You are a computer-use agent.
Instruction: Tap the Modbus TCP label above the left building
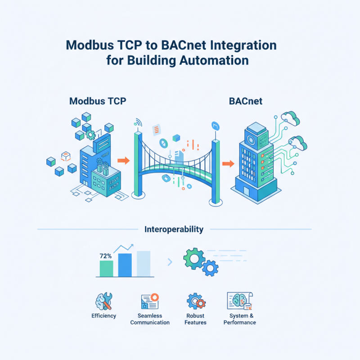(x=98, y=101)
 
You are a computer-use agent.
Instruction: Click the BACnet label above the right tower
(x=246, y=101)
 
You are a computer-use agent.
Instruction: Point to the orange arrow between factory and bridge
(x=122, y=160)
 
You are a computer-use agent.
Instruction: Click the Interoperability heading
(x=174, y=229)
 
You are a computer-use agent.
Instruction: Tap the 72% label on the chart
(x=106, y=256)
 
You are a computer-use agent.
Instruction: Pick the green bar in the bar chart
(x=106, y=268)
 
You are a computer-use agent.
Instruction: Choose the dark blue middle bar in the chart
(x=125, y=265)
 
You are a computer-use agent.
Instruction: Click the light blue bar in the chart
(x=143, y=264)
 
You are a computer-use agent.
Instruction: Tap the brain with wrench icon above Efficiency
(x=103, y=301)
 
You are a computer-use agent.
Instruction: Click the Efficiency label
(x=103, y=316)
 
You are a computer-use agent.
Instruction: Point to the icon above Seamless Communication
(x=150, y=301)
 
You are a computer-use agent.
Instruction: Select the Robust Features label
(x=195, y=319)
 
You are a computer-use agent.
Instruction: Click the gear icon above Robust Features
(x=196, y=301)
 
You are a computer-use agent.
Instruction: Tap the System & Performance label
(x=239, y=319)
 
